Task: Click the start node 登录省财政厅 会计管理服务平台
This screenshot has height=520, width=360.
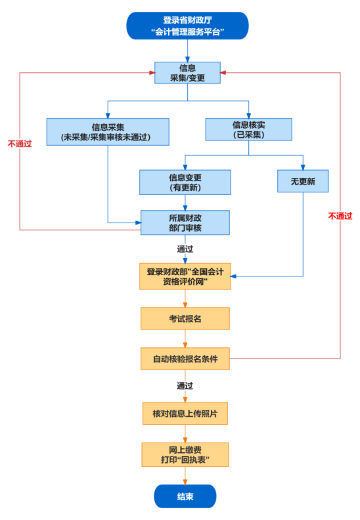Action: [187, 26]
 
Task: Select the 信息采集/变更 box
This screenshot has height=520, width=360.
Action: [187, 73]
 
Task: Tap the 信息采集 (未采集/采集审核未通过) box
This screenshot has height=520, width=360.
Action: [108, 131]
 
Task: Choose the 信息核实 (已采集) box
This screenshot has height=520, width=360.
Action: [248, 129]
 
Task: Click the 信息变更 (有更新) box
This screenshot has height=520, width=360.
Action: [185, 183]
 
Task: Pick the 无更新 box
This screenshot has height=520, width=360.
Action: [303, 181]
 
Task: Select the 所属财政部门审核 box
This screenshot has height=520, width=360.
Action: [185, 223]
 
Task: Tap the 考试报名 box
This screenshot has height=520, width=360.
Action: [185, 318]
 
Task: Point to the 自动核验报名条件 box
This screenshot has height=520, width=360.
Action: [185, 358]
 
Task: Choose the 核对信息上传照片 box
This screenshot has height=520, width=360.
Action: [185, 413]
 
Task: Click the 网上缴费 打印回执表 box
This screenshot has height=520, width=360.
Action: [185, 454]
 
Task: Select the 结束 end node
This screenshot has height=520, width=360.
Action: [185, 496]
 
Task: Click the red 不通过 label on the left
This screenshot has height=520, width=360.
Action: [20, 143]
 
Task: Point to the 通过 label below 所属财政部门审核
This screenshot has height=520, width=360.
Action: [185, 249]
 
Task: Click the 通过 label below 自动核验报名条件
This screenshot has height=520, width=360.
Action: [185, 386]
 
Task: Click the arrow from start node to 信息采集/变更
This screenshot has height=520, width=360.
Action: [187, 50]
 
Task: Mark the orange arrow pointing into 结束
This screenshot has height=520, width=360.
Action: [185, 476]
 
